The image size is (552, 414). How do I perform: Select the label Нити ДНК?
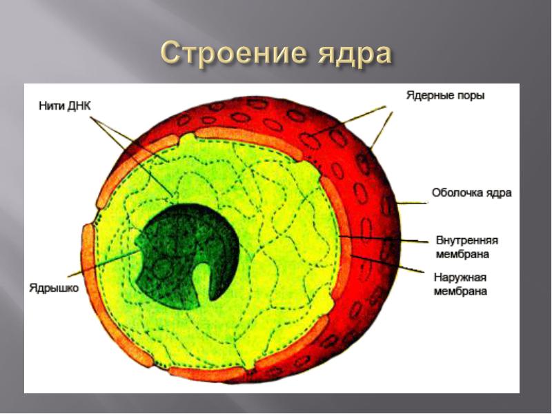pyautogui.click(x=65, y=106)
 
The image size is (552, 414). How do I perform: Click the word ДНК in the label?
pyautogui.click(x=79, y=106)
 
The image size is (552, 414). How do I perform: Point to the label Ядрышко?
pyautogui.click(x=55, y=288)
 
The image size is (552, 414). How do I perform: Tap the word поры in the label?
pyautogui.click(x=471, y=96)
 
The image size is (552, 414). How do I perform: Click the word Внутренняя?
pyautogui.click(x=467, y=240)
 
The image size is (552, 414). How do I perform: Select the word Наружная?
pyautogui.click(x=460, y=277)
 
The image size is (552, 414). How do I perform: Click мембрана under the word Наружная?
pyautogui.click(x=460, y=291)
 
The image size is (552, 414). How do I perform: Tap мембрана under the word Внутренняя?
pyautogui.click(x=462, y=254)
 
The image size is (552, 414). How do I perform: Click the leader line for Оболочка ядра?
pyautogui.click(x=412, y=203)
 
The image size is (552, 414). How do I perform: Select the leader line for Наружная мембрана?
pyautogui.click(x=387, y=264)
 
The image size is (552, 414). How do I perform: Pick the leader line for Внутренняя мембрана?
pyautogui.click(x=384, y=239)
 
